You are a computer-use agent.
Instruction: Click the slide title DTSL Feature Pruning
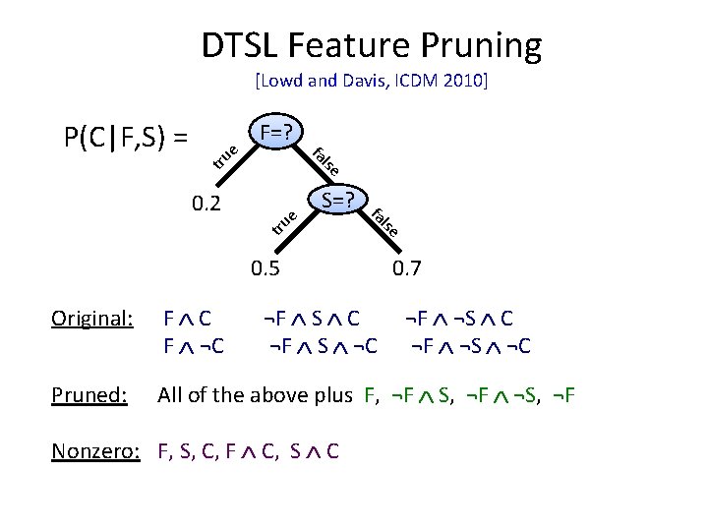pyautogui.click(x=371, y=44)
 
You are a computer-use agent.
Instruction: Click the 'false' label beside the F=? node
pyautogui.click(x=326, y=155)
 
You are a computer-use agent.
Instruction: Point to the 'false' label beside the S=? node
pyautogui.click(x=384, y=221)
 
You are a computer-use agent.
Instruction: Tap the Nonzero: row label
pyautogui.click(x=93, y=453)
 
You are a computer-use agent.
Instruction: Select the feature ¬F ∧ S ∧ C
pyautogui.click(x=312, y=319)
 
